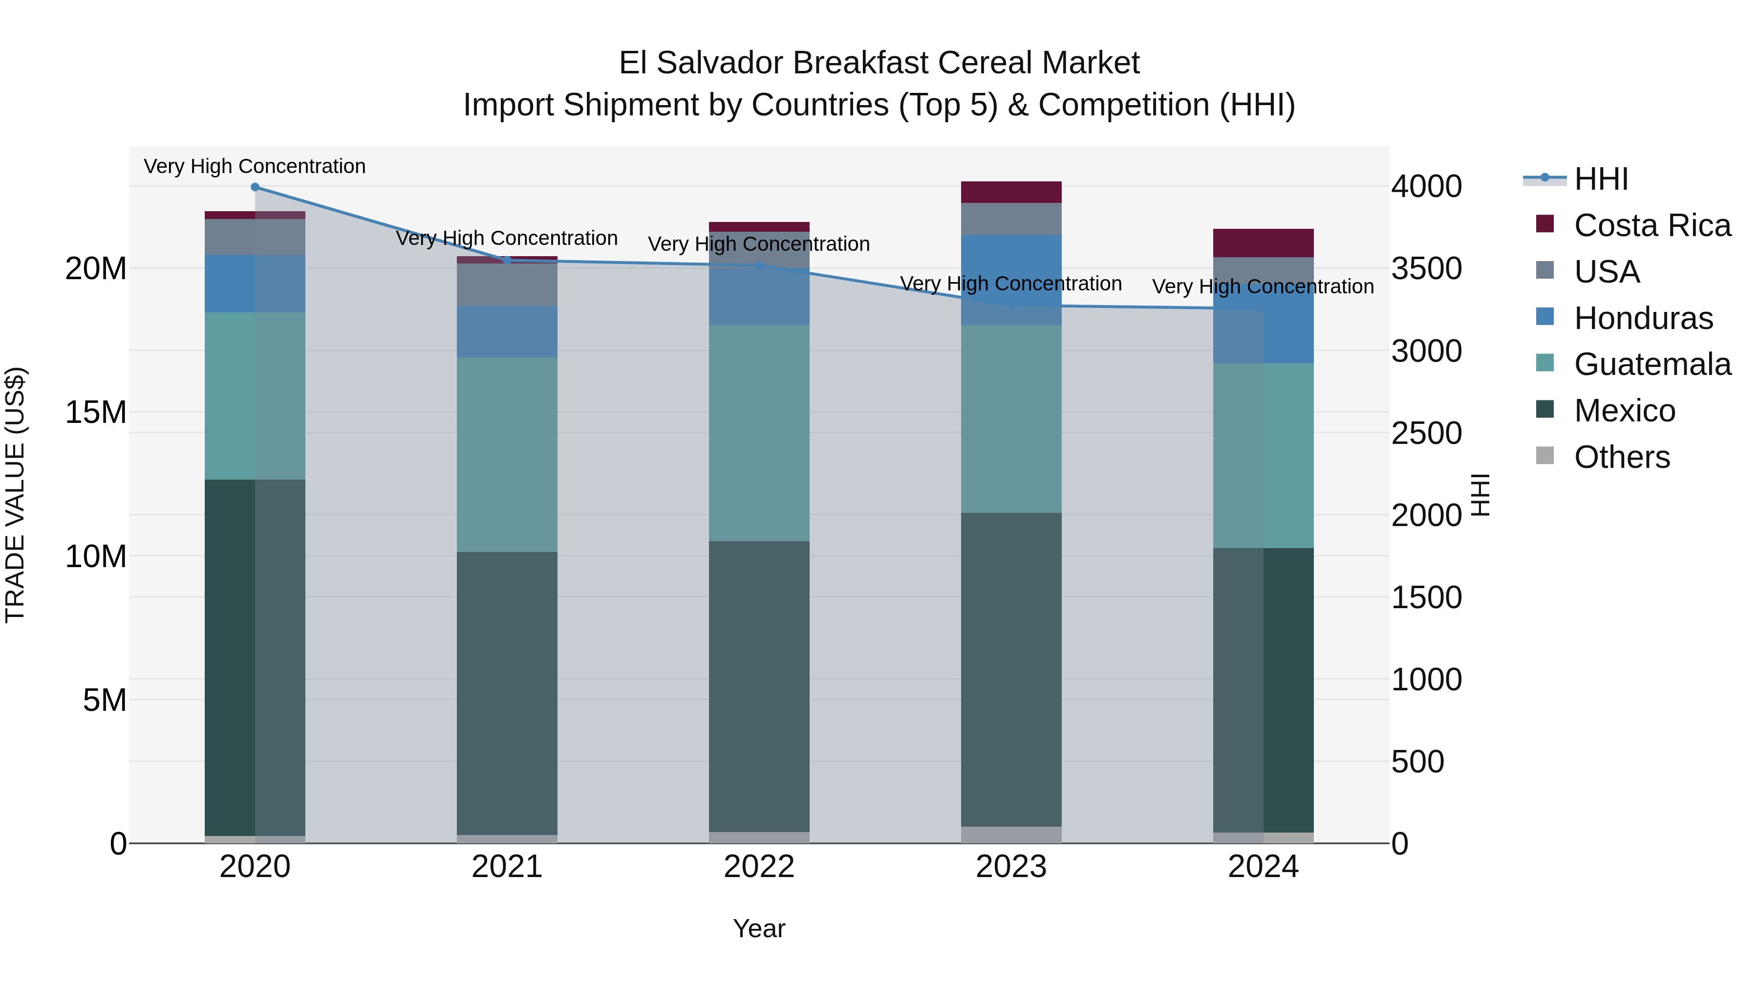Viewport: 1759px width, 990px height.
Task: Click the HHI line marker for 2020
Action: click(x=255, y=187)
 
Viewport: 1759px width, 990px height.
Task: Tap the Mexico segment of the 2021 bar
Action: click(x=507, y=693)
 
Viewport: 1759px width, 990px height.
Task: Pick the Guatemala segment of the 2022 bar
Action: click(x=759, y=433)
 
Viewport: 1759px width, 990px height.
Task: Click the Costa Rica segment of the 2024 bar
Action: click(x=1263, y=243)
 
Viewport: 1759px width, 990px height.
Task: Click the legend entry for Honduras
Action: click(x=1642, y=318)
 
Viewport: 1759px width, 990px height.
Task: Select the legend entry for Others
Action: click(x=1621, y=457)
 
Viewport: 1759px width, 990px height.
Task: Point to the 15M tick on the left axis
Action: click(x=96, y=413)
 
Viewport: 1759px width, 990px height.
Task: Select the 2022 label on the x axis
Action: click(x=759, y=867)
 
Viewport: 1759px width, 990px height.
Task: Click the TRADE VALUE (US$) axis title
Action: click(x=15, y=495)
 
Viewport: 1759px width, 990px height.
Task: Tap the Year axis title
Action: click(x=759, y=928)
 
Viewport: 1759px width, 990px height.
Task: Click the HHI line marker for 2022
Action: click(x=759, y=265)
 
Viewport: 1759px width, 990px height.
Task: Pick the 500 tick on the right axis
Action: click(x=1417, y=762)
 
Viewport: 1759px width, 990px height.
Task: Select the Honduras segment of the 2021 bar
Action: click(x=507, y=331)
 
